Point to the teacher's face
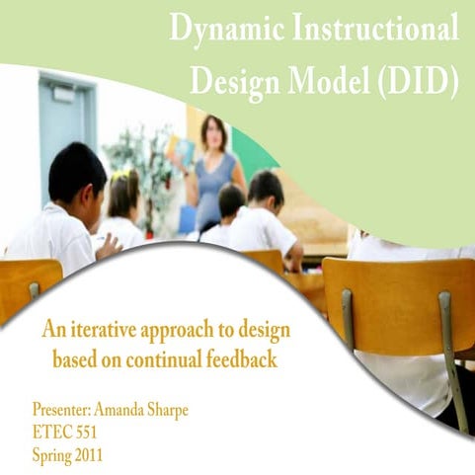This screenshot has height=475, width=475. click(213, 132)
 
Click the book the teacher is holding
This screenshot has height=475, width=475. click(179, 149)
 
